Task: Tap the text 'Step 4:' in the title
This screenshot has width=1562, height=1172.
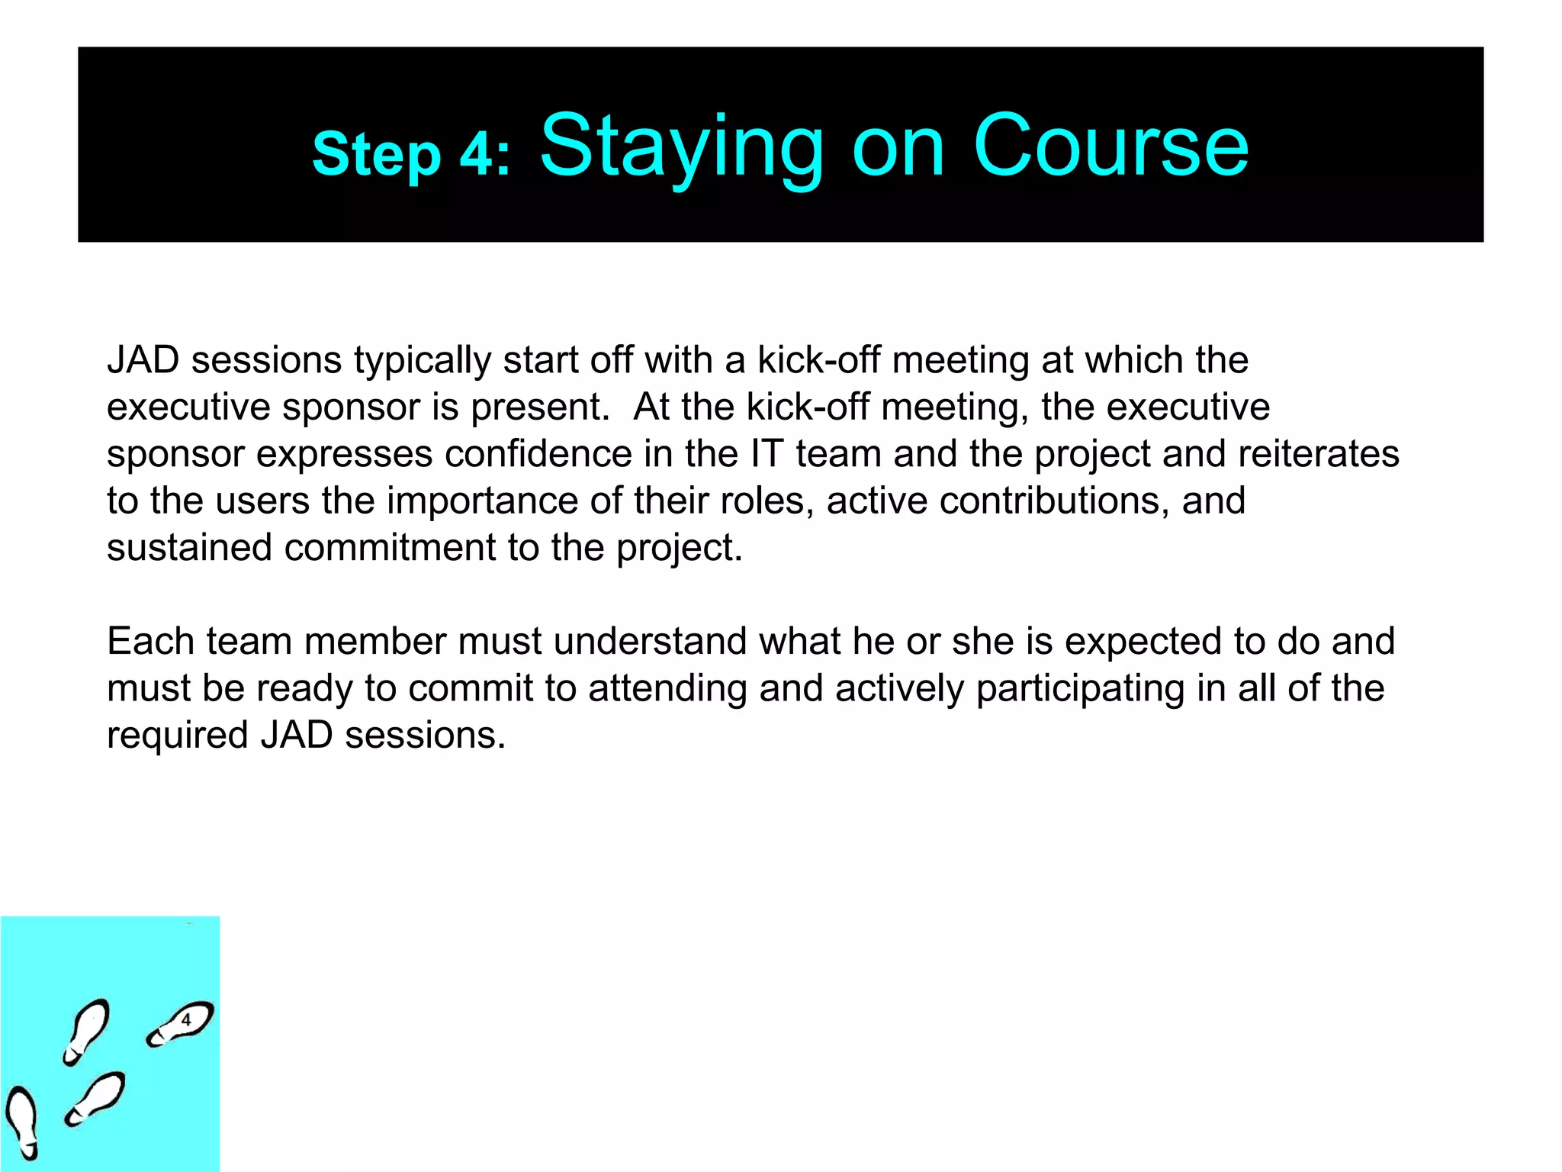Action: tap(411, 154)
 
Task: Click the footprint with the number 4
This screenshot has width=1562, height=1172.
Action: tap(181, 1024)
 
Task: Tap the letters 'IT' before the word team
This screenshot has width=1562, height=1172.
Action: tap(767, 454)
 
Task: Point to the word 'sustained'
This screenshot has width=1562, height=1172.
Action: tap(189, 548)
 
